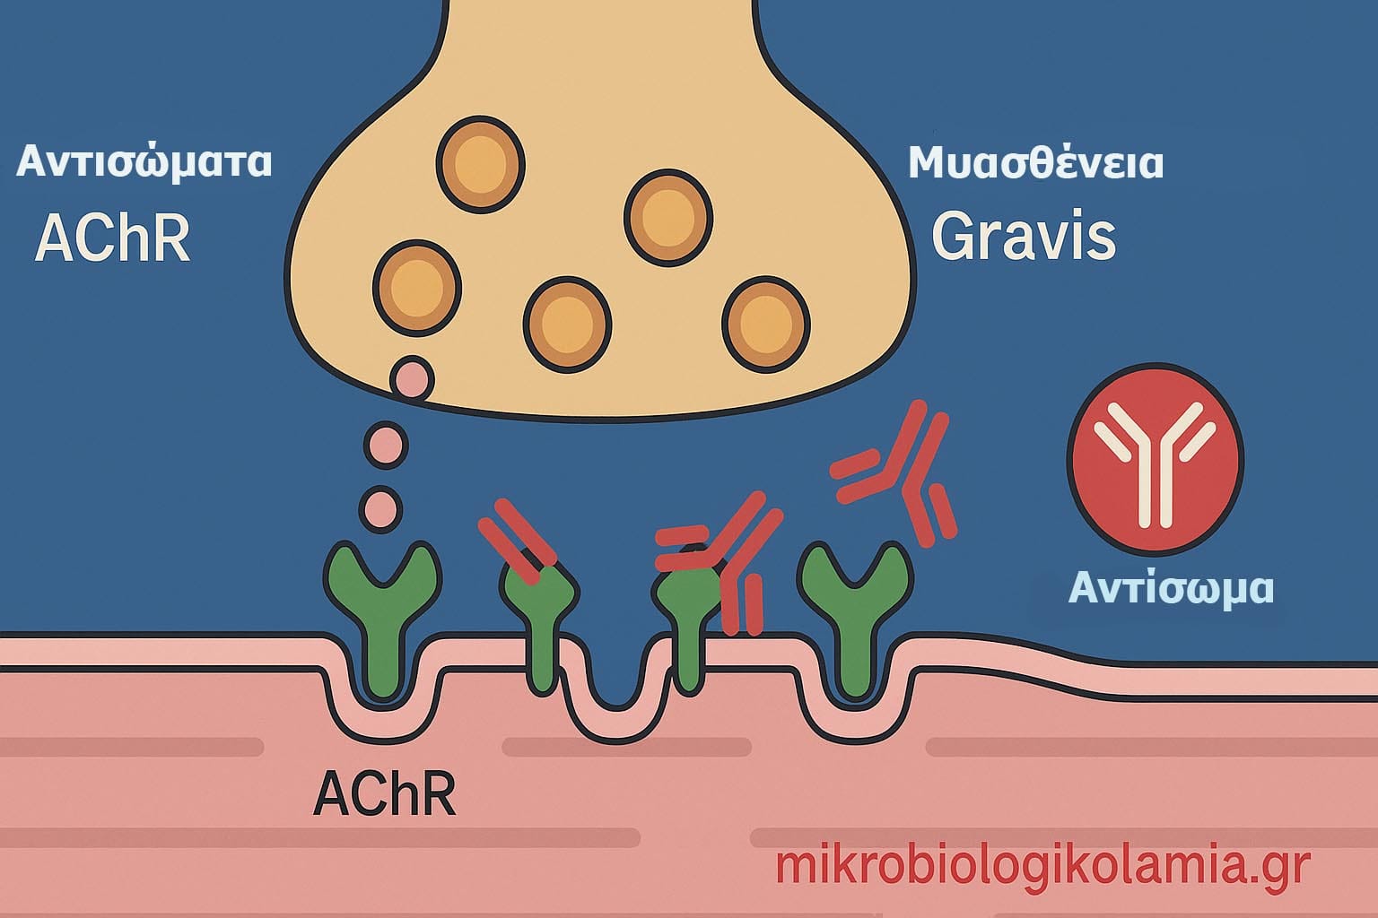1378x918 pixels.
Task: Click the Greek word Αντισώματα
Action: point(144,163)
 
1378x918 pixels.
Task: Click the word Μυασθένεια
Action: point(1036,163)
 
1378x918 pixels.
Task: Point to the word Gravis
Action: point(1024,237)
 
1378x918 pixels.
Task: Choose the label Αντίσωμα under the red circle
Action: point(1172,588)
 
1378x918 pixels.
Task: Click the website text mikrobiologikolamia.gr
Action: point(1042,866)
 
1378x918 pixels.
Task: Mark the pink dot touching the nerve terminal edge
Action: point(412,380)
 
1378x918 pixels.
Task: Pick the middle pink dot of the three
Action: point(385,444)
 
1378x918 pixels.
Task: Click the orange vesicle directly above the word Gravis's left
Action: point(668,218)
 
